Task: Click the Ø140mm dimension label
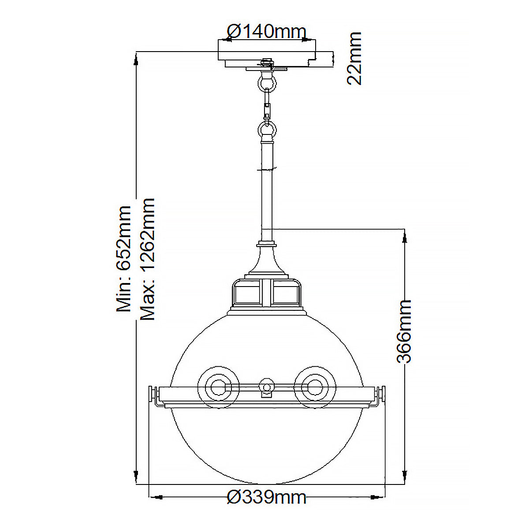click(266, 31)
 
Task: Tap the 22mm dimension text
click(354, 58)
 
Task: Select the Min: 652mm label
click(124, 259)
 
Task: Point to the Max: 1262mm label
click(147, 259)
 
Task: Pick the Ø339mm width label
click(266, 497)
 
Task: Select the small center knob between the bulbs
click(266, 387)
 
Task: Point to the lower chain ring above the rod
click(267, 130)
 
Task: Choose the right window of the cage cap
click(286, 294)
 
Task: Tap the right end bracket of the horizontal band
click(380, 395)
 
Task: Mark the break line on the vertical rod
click(267, 168)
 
